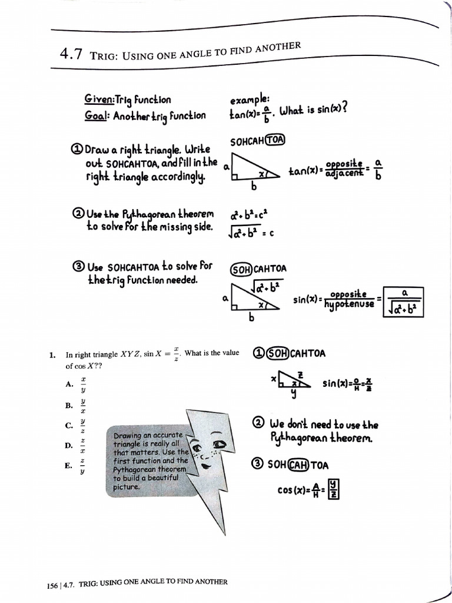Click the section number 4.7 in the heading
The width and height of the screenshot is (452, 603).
(x=72, y=55)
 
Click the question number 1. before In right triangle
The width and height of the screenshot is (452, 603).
(x=52, y=354)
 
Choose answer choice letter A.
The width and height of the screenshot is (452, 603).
(x=69, y=384)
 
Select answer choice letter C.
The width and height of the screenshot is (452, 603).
(x=69, y=426)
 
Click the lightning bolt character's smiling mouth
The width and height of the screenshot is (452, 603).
(x=207, y=465)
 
